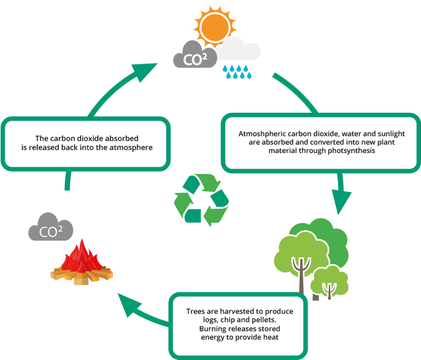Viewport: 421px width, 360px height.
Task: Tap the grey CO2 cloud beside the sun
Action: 195,57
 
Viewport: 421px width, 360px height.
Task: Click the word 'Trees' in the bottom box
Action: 198,311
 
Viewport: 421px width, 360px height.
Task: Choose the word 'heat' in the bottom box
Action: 271,337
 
